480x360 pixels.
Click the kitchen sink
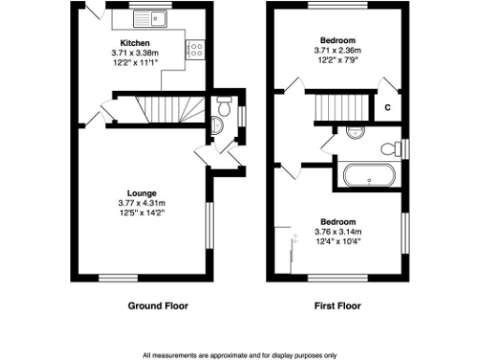point(147,18)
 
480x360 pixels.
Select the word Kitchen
point(135,43)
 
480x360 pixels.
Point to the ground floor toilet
point(220,109)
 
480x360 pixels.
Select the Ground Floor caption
point(157,306)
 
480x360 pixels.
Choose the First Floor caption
point(337,306)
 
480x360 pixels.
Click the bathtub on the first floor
point(368,174)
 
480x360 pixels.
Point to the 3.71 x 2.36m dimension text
point(337,51)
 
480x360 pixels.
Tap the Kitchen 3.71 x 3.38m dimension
point(135,53)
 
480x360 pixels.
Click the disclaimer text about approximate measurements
point(240,355)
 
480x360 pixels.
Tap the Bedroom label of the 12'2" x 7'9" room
point(337,40)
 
